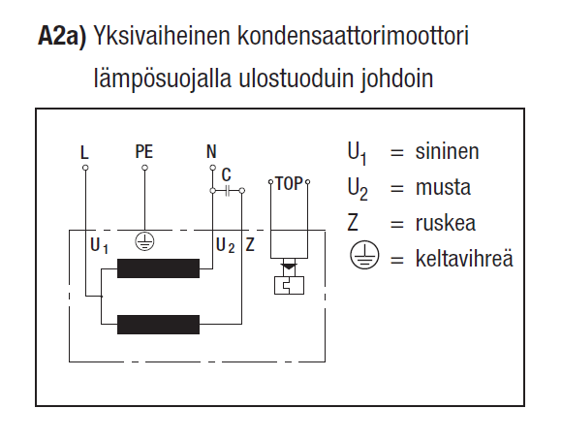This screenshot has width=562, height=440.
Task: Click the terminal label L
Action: coord(85,152)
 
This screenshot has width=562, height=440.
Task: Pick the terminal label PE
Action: coord(144,152)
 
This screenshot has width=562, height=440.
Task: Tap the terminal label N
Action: coord(212,152)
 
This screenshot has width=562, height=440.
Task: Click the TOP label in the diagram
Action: coord(289,182)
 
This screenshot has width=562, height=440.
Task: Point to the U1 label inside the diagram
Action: coord(99,245)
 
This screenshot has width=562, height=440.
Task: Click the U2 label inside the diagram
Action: coord(225,245)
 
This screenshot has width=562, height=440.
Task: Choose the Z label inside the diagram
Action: coord(250,244)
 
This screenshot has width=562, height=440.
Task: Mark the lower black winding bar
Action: coord(158,324)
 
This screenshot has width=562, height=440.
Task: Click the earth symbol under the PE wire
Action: coord(144,241)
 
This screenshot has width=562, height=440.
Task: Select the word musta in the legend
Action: coord(442,188)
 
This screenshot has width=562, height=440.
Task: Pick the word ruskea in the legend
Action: coord(447,224)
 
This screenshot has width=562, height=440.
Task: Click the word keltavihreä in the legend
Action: coord(464,259)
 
